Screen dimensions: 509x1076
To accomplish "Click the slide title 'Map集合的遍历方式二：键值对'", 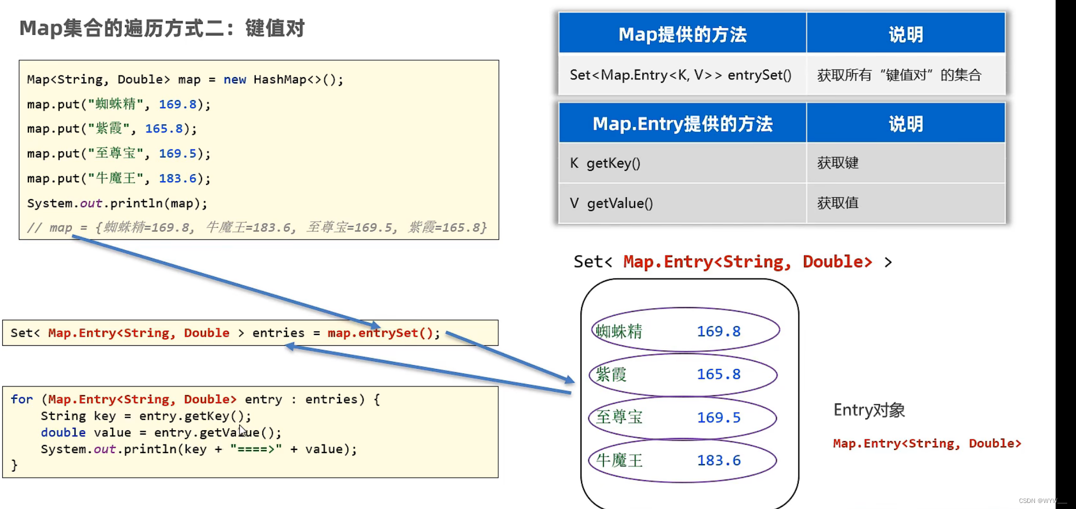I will coord(162,28).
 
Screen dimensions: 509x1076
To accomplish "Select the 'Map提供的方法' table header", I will coord(682,34).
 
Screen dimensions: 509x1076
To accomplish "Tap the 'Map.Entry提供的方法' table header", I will coord(682,124).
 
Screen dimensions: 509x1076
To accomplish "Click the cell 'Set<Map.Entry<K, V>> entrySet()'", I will coord(681,75).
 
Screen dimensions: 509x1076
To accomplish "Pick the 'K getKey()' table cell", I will coord(605,163).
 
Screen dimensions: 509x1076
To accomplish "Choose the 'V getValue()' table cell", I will coord(611,204).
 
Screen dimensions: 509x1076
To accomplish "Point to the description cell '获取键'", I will coord(838,163).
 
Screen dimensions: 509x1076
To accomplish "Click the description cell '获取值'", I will coord(838,204).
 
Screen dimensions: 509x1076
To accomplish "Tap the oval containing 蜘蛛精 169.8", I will coord(685,330).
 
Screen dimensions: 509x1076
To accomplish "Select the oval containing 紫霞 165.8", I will coord(683,374).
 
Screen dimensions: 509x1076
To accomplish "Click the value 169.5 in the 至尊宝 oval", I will coord(718,418).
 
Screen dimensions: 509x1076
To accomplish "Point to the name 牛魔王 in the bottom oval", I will coord(619,460).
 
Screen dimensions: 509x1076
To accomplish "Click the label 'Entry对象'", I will coord(869,410).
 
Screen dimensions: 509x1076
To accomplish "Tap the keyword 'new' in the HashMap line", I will coord(234,80).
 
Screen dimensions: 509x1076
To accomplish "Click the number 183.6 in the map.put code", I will coord(177,178).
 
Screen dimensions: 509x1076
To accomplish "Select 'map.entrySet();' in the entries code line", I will coord(383,333).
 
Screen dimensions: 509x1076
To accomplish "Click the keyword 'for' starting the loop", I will coord(22,400).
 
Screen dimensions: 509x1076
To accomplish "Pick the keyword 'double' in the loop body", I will coord(63,432).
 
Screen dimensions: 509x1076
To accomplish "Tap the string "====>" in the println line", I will coord(256,449).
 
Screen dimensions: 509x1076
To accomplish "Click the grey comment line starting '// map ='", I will coord(257,228).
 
